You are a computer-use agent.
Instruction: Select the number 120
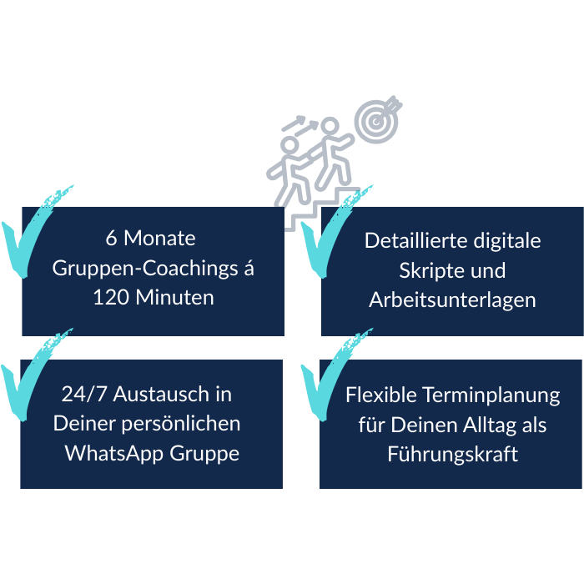tap(113, 297)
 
